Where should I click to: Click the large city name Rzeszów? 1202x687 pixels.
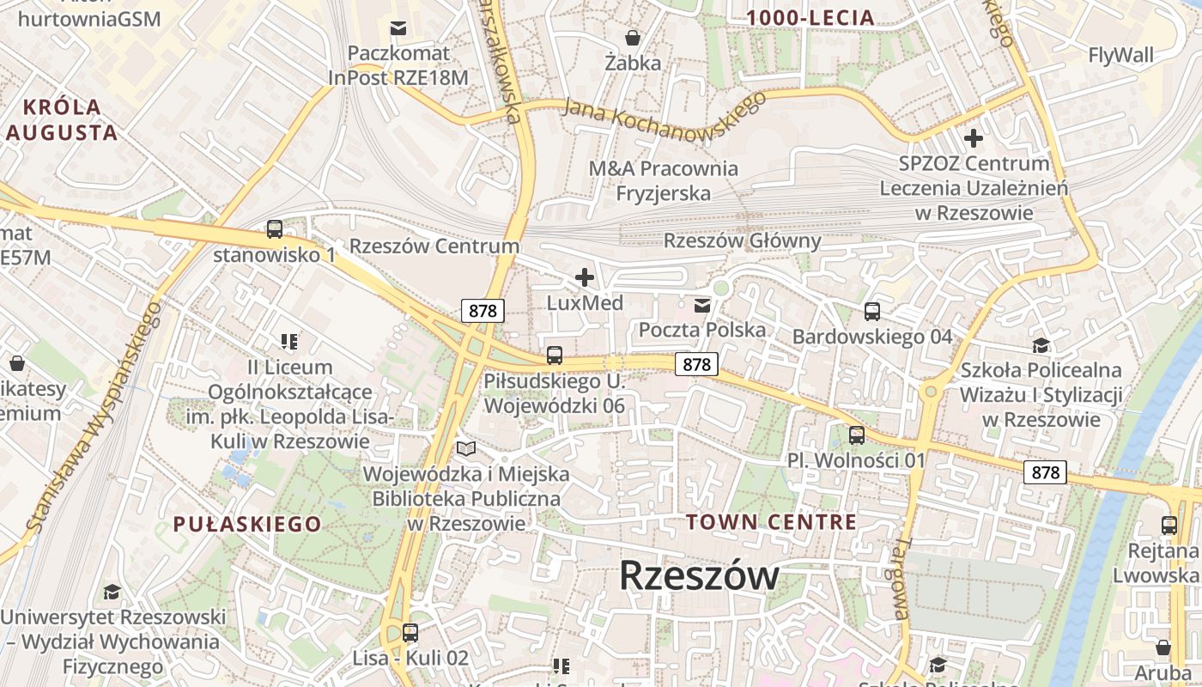click(x=699, y=575)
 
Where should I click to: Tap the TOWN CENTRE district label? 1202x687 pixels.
click(x=771, y=522)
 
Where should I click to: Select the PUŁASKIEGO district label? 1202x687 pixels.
click(x=247, y=524)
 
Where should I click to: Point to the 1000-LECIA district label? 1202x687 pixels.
click(x=810, y=17)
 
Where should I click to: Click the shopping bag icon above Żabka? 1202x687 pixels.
click(x=633, y=38)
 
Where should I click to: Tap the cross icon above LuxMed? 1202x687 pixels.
click(x=585, y=277)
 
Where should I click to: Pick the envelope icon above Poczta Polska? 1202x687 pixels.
click(x=702, y=305)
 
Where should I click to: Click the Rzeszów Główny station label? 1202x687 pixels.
click(x=742, y=240)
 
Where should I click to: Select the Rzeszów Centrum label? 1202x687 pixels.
click(x=434, y=246)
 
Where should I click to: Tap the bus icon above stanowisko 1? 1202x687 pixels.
click(x=275, y=229)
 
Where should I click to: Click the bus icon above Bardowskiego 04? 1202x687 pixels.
click(x=872, y=311)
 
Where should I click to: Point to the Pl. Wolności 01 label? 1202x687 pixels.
click(x=856, y=460)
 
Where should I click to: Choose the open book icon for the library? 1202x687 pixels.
click(x=466, y=448)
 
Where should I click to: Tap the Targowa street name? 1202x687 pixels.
click(x=899, y=579)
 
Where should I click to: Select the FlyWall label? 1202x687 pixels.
click(x=1120, y=56)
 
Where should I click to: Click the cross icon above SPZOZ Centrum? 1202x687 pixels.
click(x=974, y=137)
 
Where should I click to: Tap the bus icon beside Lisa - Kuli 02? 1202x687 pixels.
click(x=410, y=633)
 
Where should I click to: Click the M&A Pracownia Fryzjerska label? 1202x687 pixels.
click(x=663, y=180)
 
